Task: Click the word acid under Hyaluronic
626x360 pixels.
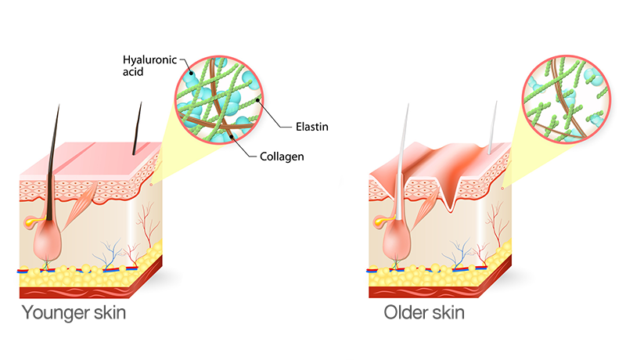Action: tap(134, 72)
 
